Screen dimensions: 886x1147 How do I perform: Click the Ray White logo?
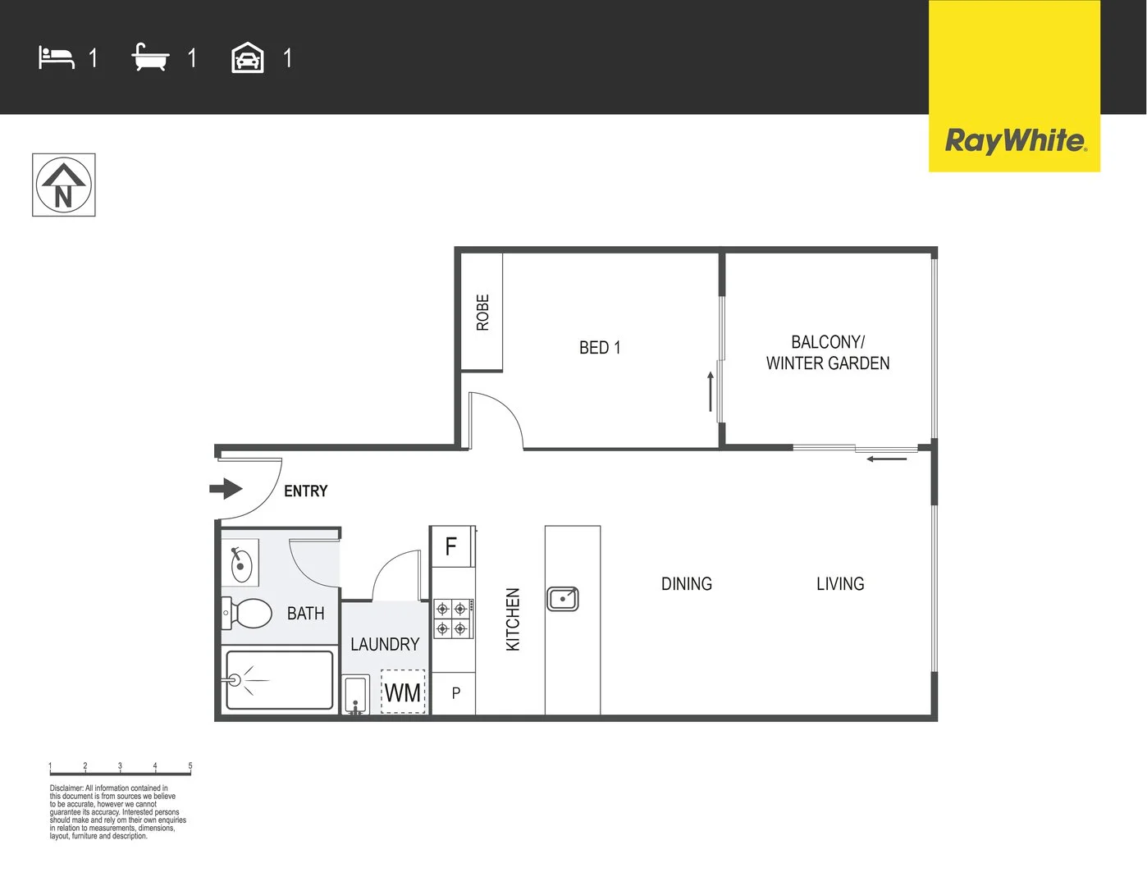pyautogui.click(x=1015, y=140)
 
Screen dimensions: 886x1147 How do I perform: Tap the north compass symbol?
pyautogui.click(x=64, y=185)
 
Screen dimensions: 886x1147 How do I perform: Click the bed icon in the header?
pyautogui.click(x=56, y=58)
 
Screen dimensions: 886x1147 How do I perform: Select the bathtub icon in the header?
pyautogui.click(x=150, y=58)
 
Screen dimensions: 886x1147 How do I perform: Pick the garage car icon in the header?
pyautogui.click(x=248, y=58)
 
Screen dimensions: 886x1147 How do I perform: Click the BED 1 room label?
pyautogui.click(x=600, y=348)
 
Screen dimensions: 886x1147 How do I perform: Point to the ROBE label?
pyautogui.click(x=482, y=313)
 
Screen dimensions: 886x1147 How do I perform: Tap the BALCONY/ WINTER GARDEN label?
pyautogui.click(x=828, y=353)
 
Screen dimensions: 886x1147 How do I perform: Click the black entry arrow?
pyautogui.click(x=226, y=489)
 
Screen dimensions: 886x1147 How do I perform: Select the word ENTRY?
pyautogui.click(x=306, y=491)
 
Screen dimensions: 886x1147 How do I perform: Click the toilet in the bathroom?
pyautogui.click(x=249, y=613)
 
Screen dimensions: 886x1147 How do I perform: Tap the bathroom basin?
pyautogui.click(x=240, y=564)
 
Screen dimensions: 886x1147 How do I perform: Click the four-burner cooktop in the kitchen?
pyautogui.click(x=453, y=619)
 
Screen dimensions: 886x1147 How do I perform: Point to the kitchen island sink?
pyautogui.click(x=563, y=599)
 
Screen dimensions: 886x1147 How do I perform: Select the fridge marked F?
pyautogui.click(x=451, y=546)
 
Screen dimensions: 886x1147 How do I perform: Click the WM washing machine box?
pyautogui.click(x=403, y=692)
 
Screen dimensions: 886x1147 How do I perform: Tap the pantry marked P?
pyautogui.click(x=456, y=694)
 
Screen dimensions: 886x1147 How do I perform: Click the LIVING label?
pyautogui.click(x=840, y=584)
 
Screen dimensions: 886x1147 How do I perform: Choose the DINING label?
pyautogui.click(x=687, y=584)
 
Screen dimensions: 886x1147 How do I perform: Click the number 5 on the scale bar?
pyautogui.click(x=190, y=766)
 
